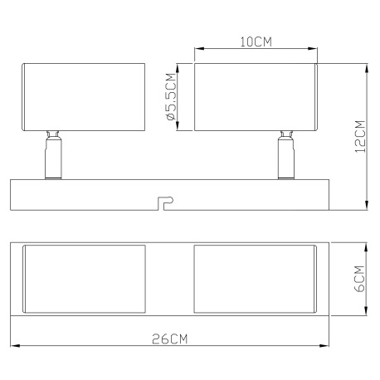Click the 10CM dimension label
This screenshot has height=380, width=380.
tap(256, 41)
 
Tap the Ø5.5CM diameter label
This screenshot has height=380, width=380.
tap(170, 97)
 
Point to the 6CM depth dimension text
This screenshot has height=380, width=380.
tap(359, 280)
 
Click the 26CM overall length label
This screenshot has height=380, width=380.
tap(170, 339)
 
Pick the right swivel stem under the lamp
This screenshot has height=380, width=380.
tap(284, 157)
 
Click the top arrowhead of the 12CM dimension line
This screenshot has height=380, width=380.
tap(368, 67)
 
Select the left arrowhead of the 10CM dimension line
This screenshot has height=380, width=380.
tap(197, 50)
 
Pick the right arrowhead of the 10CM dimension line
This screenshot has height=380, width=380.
tap(315, 50)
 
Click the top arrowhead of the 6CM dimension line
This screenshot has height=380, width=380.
tap(368, 246)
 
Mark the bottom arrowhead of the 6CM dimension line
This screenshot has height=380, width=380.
tap(368, 314)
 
